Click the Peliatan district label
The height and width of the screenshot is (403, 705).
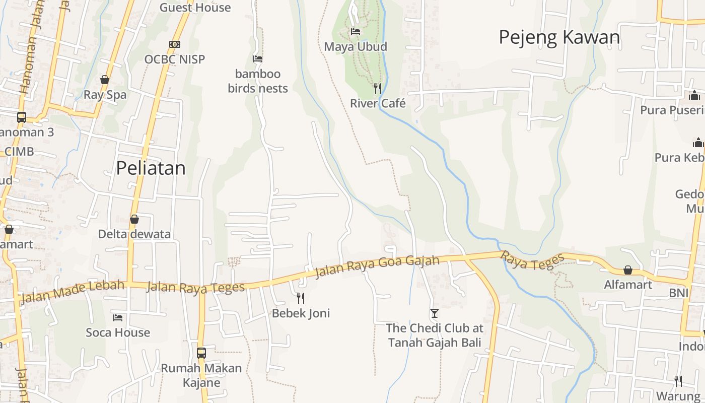[x=151, y=168]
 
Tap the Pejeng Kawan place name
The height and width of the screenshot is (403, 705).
[x=559, y=37]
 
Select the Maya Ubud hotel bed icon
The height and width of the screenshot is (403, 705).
[x=356, y=32]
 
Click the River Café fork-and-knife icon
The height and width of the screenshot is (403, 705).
[x=378, y=89]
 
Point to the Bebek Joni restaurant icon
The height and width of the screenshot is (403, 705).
[x=301, y=298]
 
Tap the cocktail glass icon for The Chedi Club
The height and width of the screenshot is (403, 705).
[x=435, y=313]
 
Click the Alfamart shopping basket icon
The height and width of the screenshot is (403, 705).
[x=628, y=271]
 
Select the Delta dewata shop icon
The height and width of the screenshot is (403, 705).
[x=134, y=219]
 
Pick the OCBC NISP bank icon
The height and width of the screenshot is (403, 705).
[x=175, y=44]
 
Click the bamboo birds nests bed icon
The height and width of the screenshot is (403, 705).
[x=258, y=59]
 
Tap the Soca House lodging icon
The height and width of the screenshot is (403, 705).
[x=118, y=317]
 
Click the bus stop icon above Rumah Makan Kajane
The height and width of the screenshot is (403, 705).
[x=201, y=353]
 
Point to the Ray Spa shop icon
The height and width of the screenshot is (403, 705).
[x=105, y=80]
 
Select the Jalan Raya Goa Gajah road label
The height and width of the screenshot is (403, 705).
[x=377, y=267]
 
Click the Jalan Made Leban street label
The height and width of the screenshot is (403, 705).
[x=73, y=292]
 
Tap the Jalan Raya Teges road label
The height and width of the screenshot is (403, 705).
[x=195, y=288]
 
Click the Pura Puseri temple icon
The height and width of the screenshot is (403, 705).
[x=694, y=95]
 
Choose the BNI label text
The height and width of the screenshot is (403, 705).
[x=678, y=293]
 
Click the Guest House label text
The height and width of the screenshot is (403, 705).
[x=195, y=8]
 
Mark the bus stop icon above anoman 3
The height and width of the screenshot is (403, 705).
[x=22, y=117]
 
